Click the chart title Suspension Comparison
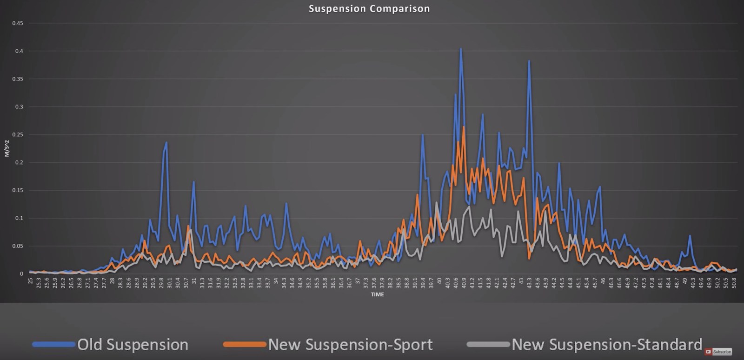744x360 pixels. coord(369,9)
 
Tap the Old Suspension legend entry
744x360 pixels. coord(133,345)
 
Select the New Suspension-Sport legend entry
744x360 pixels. coord(350,345)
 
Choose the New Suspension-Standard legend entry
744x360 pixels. coord(606,345)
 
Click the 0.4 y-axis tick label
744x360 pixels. coord(19,51)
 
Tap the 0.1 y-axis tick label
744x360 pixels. coord(19,218)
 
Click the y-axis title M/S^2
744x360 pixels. coord(7,145)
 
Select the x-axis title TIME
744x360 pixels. coord(377,294)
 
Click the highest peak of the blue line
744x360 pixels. coord(461,48)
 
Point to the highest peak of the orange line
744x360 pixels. coord(464,127)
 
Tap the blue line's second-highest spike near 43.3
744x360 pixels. coord(529,61)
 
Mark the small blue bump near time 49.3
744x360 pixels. coord(690,236)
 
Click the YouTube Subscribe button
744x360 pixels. coord(718,352)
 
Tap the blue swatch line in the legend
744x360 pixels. coord(53,345)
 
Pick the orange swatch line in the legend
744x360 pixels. coord(245,345)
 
